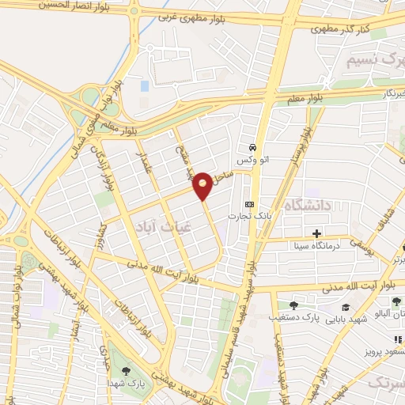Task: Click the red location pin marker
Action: point(203,185)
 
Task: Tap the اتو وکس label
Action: point(255,159)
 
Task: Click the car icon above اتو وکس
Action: point(252,147)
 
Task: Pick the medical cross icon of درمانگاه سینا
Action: point(316,233)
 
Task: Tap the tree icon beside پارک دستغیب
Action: point(294,305)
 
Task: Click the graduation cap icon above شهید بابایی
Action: point(345,307)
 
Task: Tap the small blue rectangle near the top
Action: point(144,85)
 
